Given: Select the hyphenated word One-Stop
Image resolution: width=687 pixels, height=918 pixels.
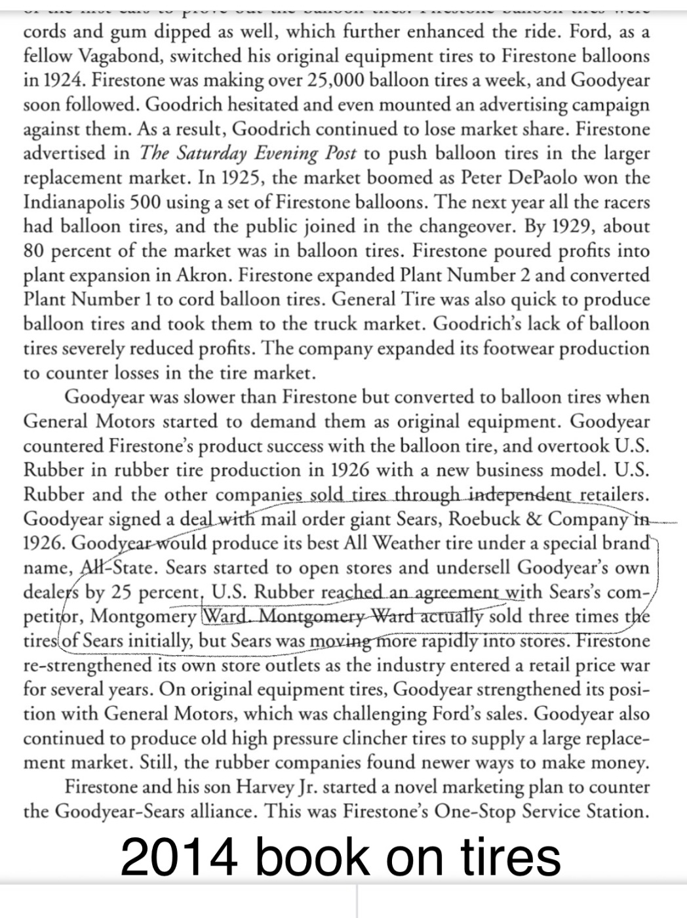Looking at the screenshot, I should (x=479, y=812).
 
